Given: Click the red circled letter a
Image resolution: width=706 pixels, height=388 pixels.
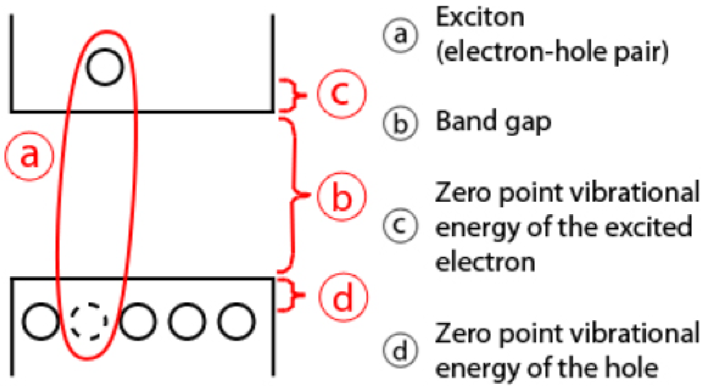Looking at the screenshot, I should coord(29,156).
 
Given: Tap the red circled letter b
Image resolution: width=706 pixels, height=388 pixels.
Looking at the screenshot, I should coord(342,196).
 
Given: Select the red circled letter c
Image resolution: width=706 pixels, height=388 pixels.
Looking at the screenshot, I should coord(342,94).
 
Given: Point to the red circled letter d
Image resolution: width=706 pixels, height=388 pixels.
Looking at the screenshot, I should coord(343,297).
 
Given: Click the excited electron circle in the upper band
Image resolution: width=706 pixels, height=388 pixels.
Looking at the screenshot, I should coord(105,67).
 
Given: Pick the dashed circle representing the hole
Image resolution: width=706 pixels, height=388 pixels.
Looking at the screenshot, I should coord(89,321).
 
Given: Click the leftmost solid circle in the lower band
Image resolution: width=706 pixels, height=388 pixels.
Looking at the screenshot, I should coord(41,321).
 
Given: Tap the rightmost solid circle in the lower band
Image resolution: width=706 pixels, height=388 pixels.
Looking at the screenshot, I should coord(236,321).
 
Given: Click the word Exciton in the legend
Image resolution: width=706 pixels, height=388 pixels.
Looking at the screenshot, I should coord(480,18).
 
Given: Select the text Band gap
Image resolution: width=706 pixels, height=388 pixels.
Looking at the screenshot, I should coord(493,122).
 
